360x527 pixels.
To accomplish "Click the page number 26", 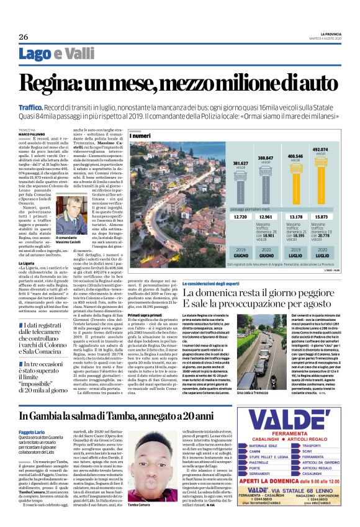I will (24, 37).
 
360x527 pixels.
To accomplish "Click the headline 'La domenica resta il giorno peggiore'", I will (261, 292).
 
